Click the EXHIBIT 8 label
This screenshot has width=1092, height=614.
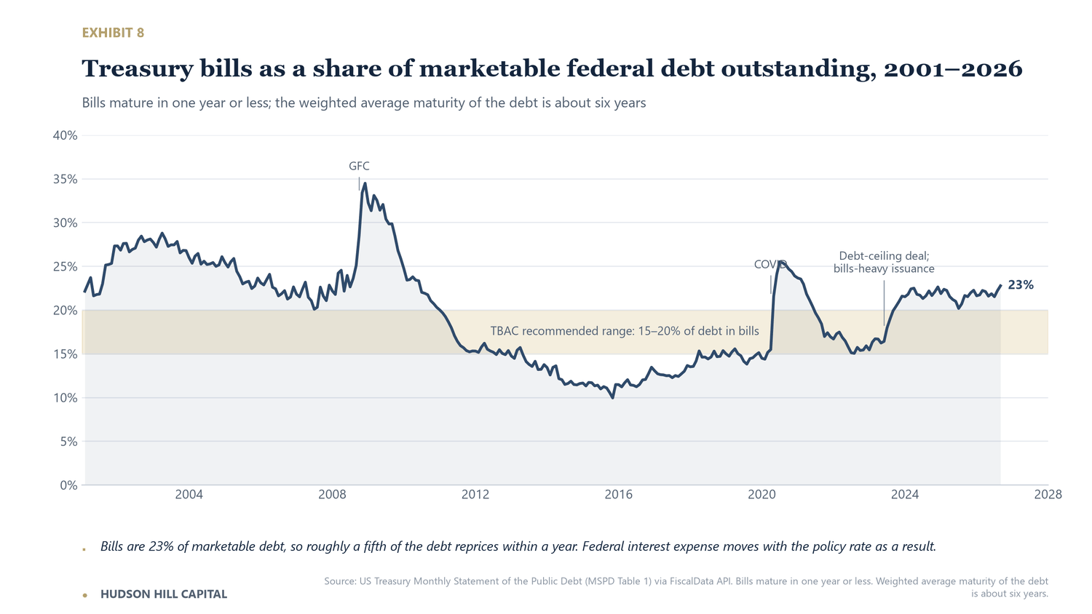113,33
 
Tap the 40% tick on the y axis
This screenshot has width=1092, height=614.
66,135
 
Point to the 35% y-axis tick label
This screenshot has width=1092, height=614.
66,180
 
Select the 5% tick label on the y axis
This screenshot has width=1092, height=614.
68,442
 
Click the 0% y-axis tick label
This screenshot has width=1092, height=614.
68,485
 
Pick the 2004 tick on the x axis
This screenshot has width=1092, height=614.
189,495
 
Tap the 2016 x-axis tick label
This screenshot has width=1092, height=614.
619,495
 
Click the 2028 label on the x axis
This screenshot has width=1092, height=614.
1048,495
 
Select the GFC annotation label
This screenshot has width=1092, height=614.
360,166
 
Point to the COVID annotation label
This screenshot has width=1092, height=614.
770,264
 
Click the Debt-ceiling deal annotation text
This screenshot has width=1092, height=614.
884,262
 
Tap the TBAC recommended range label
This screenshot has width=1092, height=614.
625,331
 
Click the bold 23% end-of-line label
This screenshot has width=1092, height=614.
1021,285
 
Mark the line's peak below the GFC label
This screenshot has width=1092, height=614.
365,184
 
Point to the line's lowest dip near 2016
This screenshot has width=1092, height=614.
612,398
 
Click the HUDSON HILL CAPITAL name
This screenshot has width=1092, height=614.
164,594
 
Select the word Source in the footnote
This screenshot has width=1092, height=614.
339,581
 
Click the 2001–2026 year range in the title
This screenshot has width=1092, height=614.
953,68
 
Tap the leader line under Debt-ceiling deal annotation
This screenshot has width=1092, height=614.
884,303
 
